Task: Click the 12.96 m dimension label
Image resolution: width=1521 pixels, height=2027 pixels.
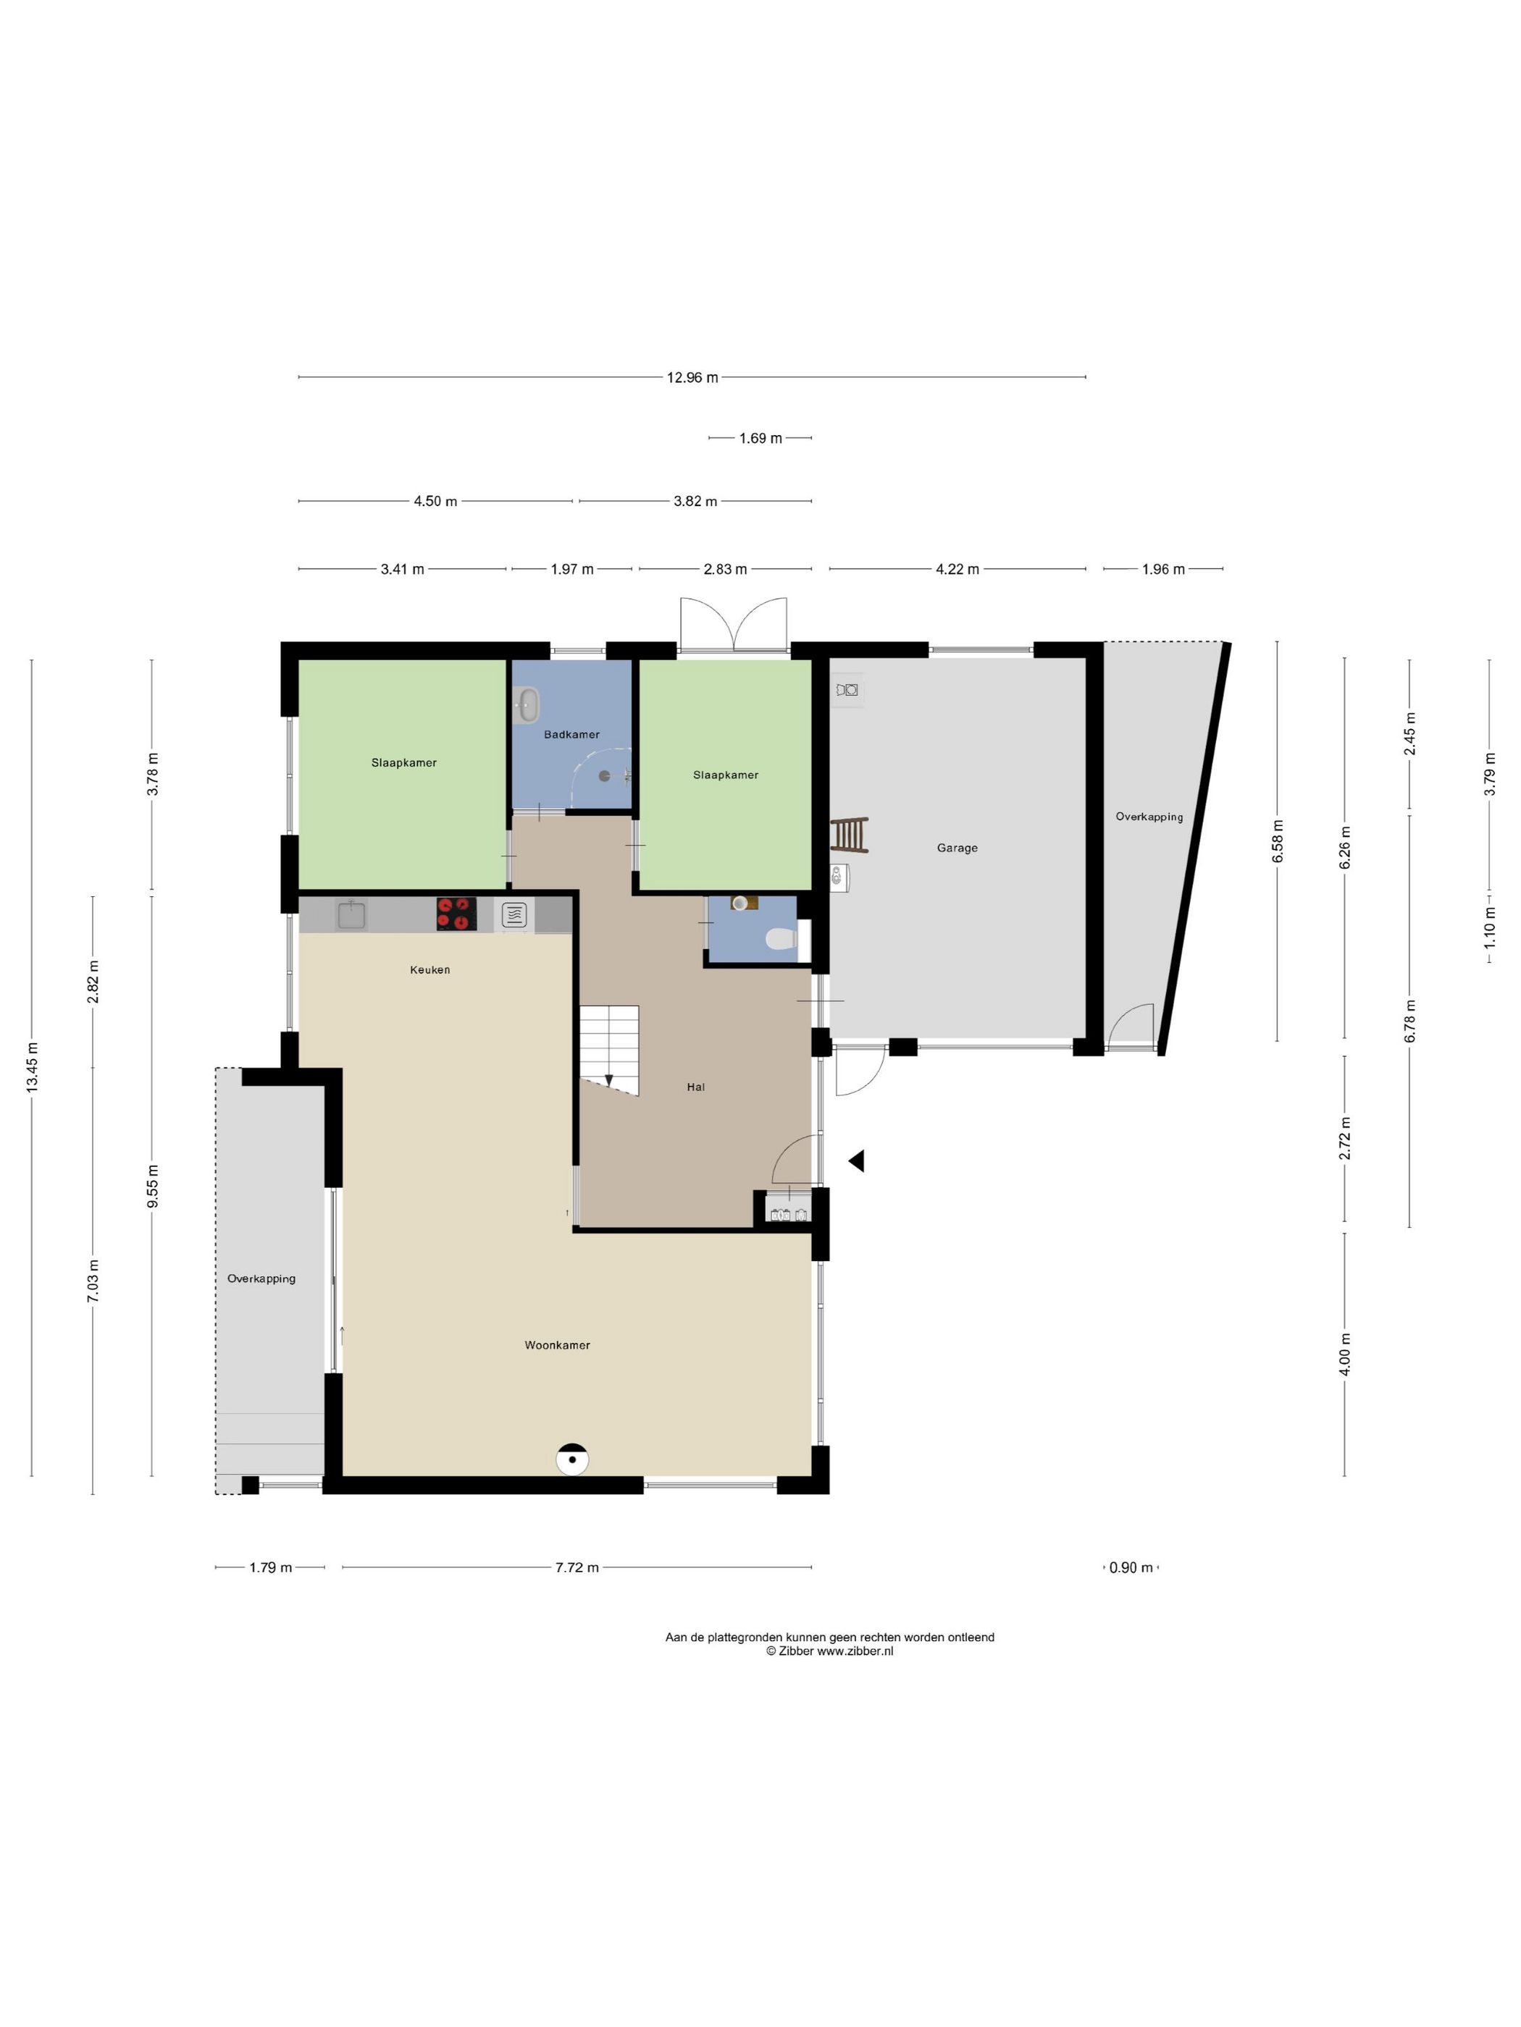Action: coord(692,376)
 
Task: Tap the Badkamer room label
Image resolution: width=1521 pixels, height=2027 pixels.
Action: coord(571,734)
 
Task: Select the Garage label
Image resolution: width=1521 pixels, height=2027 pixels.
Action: coord(958,848)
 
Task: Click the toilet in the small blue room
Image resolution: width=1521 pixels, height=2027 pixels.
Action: coord(781,937)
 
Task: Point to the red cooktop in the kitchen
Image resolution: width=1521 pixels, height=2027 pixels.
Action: coord(456,914)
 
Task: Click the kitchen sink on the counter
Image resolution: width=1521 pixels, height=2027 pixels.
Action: coord(351,914)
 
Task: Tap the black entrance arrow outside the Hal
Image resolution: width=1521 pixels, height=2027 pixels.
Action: coord(856,1161)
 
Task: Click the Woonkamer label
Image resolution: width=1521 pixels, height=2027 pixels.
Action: coord(558,1345)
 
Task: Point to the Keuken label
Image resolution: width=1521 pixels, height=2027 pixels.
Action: coord(430,969)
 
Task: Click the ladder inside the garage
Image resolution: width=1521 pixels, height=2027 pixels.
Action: coord(849,835)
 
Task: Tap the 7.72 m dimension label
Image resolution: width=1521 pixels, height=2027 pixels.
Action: coord(577,1567)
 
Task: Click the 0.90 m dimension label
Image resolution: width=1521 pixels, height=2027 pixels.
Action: coord(1131,1567)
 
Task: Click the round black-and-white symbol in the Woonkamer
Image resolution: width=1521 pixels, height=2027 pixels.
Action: coord(573,1459)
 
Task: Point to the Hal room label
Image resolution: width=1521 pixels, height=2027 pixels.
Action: coord(696,1087)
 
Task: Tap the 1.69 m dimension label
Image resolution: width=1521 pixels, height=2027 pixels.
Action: coord(760,438)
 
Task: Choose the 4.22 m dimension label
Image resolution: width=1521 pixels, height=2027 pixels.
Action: coord(958,569)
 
